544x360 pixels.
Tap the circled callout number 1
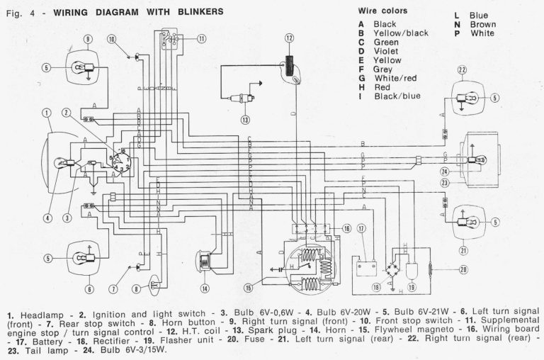tap(46, 113)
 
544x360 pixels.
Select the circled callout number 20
tap(463, 269)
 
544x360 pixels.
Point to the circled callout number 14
tap(205, 288)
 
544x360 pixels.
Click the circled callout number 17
tap(361, 228)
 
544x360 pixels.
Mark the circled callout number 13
tap(244, 120)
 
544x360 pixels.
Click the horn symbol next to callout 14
tap(205, 261)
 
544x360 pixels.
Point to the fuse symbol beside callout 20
tap(431, 269)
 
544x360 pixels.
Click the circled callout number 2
tap(65, 113)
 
